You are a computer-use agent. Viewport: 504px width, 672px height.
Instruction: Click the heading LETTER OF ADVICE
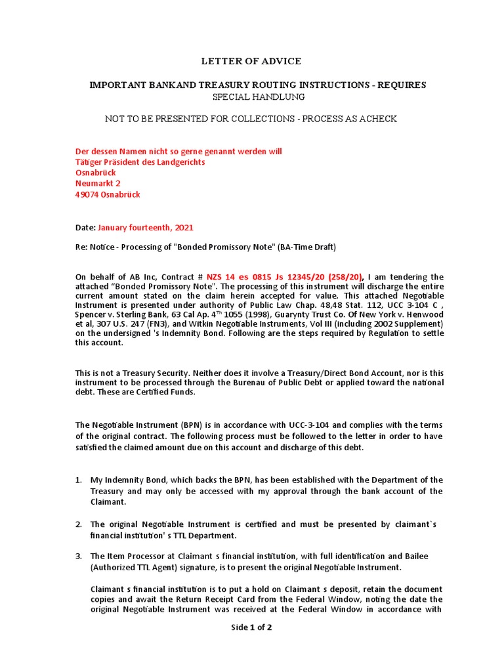tap(251, 61)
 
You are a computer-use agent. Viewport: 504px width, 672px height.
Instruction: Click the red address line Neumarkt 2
tap(98, 184)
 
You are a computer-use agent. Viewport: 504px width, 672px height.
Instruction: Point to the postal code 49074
tap(88, 195)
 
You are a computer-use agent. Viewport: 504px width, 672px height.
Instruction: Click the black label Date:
tap(85, 228)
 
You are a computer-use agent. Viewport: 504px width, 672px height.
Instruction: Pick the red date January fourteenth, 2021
tap(146, 228)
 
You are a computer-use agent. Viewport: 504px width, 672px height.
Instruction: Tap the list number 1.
tap(78, 480)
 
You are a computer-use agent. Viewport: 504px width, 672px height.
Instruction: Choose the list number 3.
tap(78, 556)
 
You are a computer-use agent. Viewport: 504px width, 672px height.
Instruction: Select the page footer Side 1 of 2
tap(251, 627)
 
